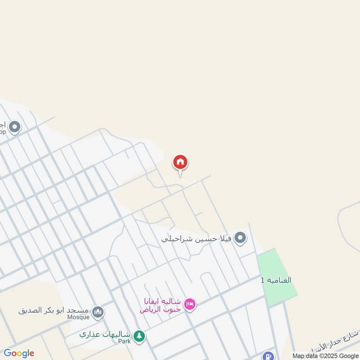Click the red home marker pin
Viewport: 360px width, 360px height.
(180, 163)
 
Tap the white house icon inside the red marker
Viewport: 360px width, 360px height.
(180, 162)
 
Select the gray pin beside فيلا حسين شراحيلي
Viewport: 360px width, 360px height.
(240, 238)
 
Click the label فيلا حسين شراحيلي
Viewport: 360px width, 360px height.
(197, 238)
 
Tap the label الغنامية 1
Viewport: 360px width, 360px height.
(276, 280)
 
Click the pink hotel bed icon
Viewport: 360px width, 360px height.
(190, 305)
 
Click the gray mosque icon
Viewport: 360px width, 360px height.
(98, 311)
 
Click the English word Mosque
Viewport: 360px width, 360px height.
(79, 317)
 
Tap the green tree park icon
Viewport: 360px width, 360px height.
(139, 336)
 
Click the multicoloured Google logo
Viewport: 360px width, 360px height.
(19, 353)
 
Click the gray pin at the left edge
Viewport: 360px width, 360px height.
(14, 127)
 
